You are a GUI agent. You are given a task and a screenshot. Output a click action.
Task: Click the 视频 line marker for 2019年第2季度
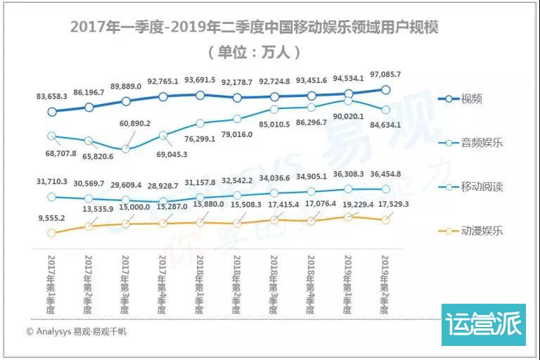(x=385, y=89)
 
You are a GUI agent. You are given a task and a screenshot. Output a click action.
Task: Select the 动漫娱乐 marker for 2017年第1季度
(x=51, y=233)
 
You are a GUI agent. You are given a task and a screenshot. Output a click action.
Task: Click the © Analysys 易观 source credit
(x=77, y=331)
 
